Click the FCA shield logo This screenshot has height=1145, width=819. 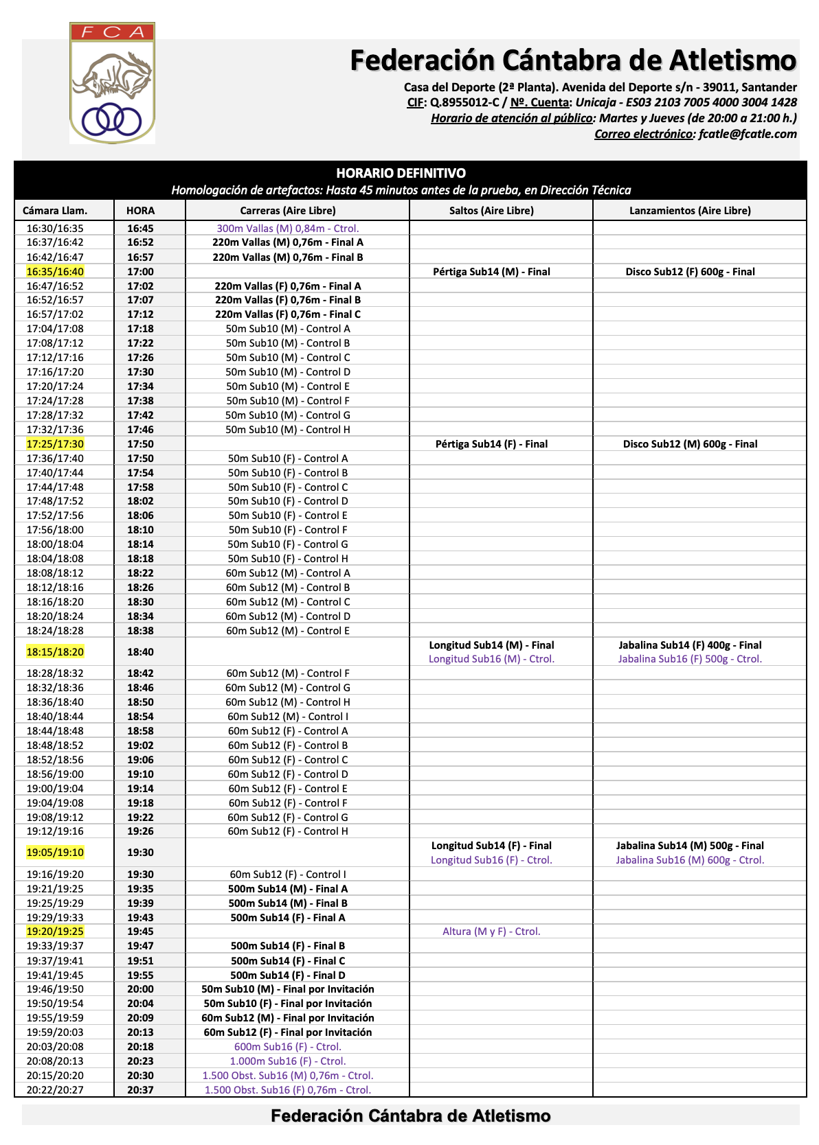click(112, 84)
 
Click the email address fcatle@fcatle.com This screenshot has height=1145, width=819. click(748, 134)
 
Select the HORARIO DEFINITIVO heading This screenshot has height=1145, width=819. click(401, 173)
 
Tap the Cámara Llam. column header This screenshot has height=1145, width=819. click(55, 211)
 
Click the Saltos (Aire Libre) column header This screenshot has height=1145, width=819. click(491, 211)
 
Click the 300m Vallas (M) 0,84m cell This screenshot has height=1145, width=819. click(288, 229)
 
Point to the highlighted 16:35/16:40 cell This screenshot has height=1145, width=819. click(55, 272)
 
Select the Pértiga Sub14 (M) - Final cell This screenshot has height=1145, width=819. click(491, 272)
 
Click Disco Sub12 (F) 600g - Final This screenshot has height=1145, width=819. click(690, 272)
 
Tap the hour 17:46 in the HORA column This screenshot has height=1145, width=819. click(140, 430)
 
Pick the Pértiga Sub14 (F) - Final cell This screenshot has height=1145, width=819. click(491, 444)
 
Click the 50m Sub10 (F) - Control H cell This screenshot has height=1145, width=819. click(288, 559)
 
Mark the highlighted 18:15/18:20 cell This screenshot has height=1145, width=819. click(55, 652)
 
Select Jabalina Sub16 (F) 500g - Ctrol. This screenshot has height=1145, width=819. click(690, 659)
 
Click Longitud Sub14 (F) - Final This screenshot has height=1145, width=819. click(491, 846)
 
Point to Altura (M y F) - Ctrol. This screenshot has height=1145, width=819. click(491, 932)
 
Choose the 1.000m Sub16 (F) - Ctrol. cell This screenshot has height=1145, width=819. click(288, 1061)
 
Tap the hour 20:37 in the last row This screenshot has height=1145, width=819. click(140, 1090)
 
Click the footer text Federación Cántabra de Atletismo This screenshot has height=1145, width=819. click(410, 1116)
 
